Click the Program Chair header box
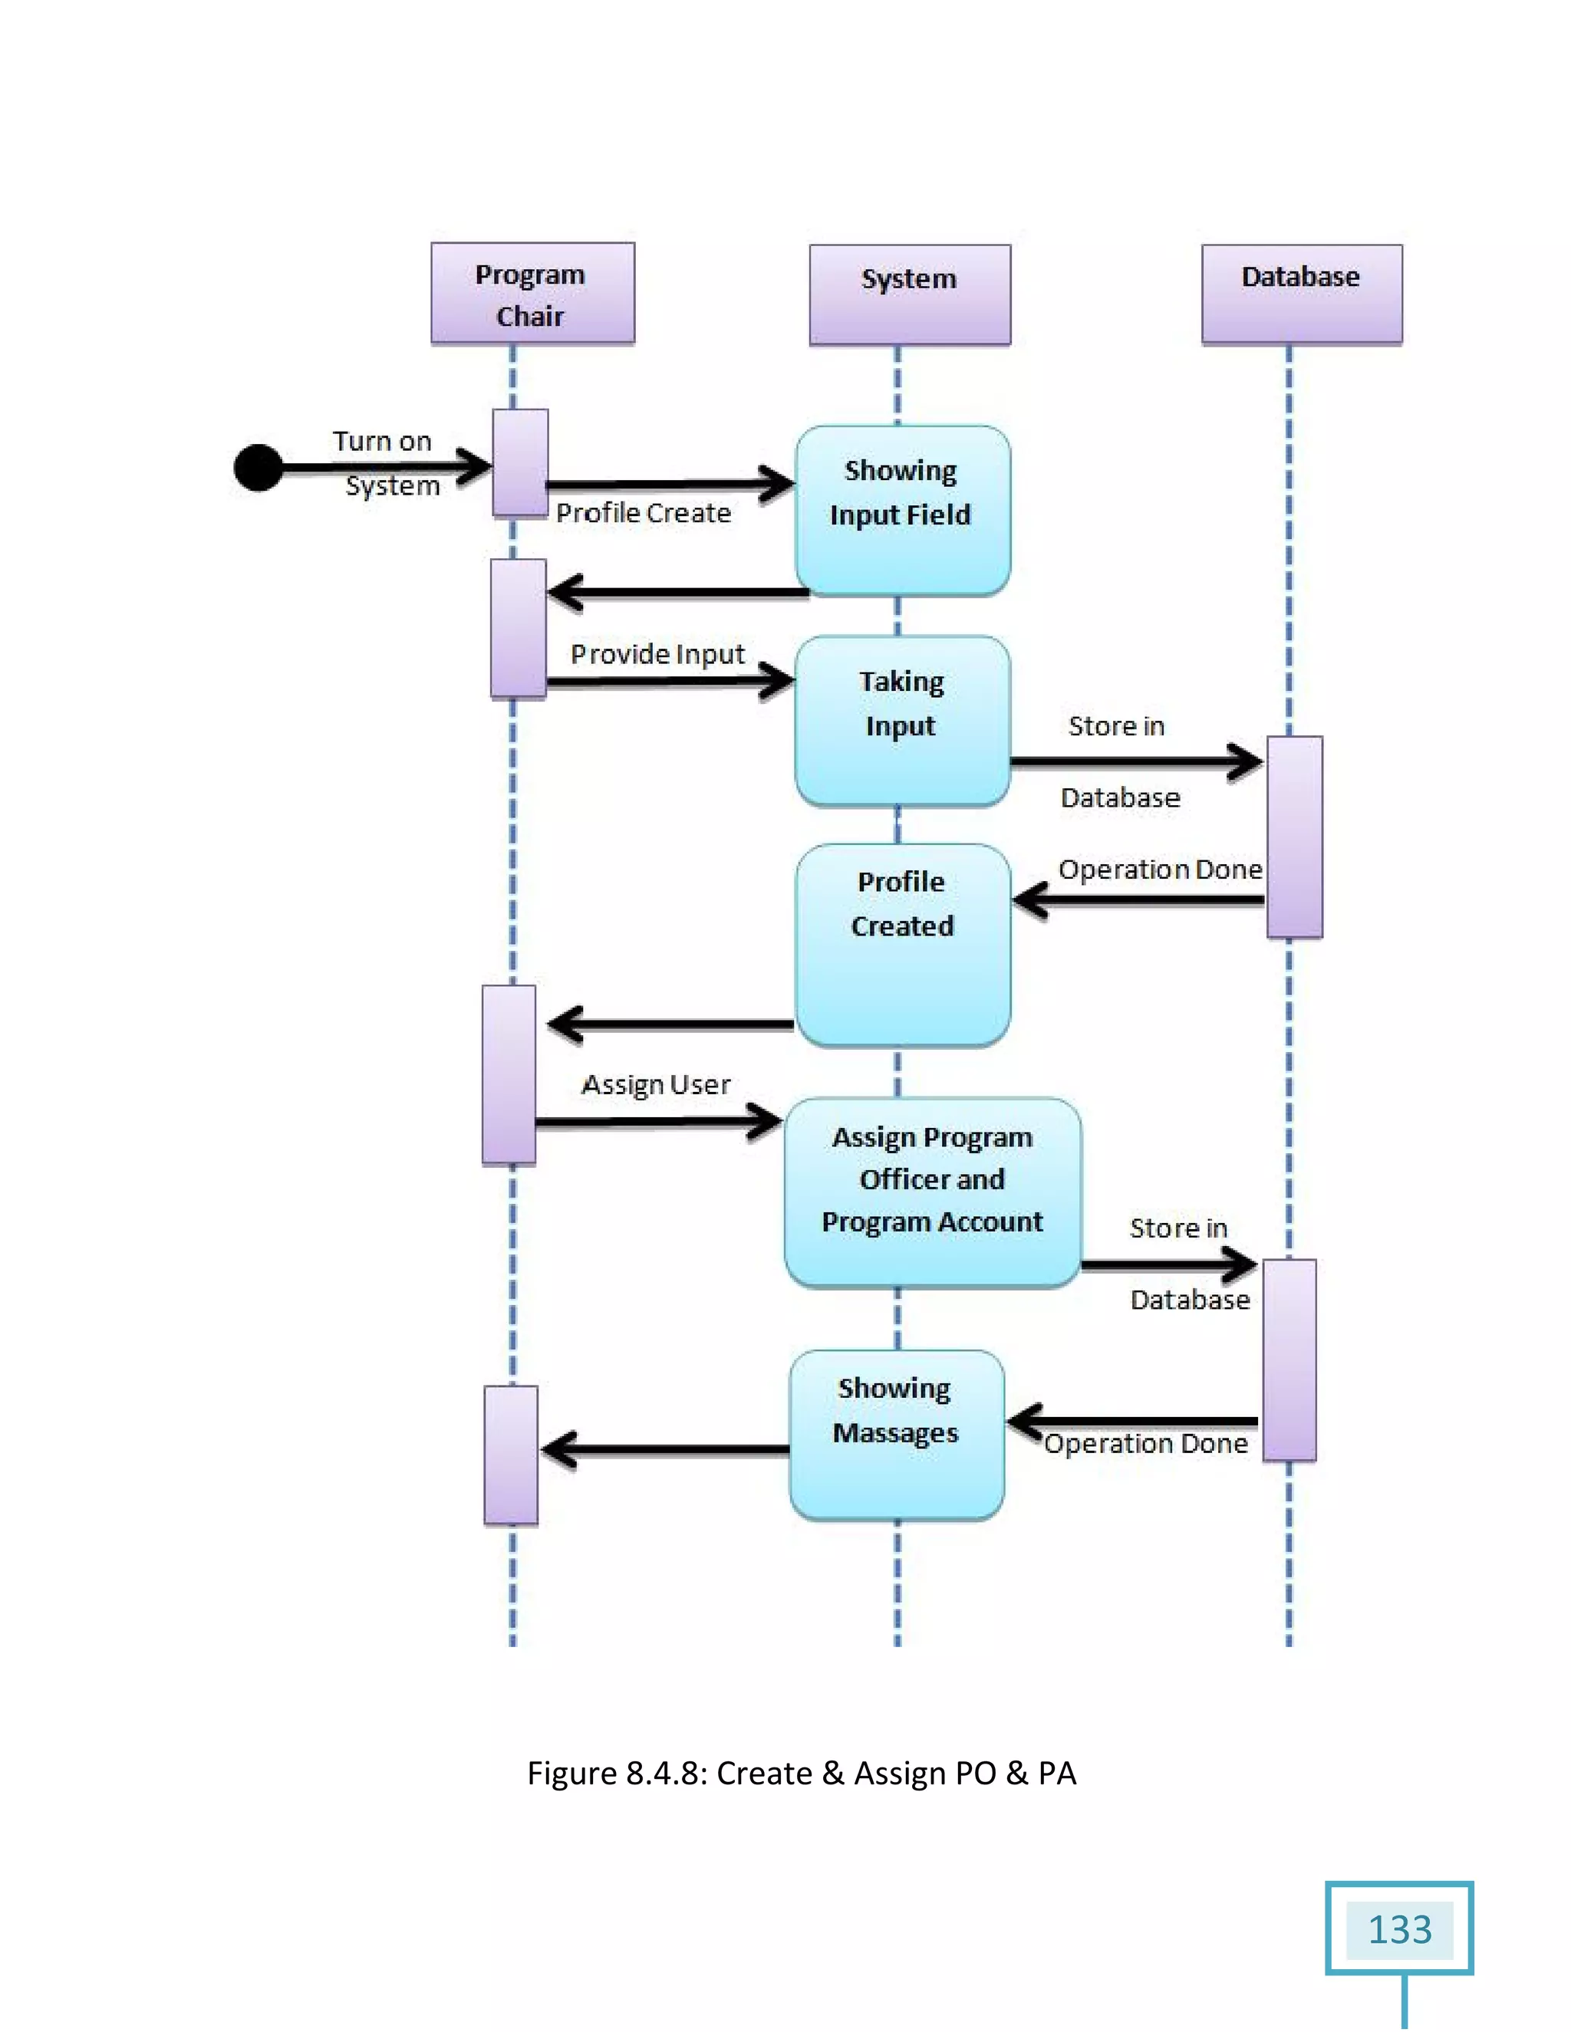(532, 294)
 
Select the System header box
(909, 294)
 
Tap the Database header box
(1301, 294)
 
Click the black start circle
(258, 467)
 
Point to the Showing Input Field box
(902, 511)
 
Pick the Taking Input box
(902, 720)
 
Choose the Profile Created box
(902, 945)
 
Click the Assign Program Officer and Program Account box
(931, 1192)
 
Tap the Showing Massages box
(896, 1434)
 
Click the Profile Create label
(643, 513)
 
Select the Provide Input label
(657, 654)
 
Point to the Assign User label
(655, 1085)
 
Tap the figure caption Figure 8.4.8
(802, 1772)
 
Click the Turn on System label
(385, 462)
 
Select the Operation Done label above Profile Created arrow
(1160, 869)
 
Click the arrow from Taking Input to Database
(1135, 762)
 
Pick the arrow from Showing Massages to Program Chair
(664, 1449)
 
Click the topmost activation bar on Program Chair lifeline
(519, 462)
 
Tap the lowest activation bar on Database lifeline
(1289, 1360)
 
